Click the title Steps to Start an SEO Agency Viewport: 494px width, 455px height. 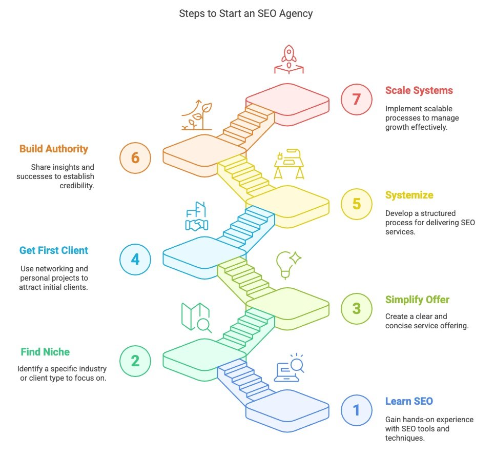tap(245, 14)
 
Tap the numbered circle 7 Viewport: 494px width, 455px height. tap(357, 98)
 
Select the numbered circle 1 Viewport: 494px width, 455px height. tap(357, 410)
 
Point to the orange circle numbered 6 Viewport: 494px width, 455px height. tap(135, 157)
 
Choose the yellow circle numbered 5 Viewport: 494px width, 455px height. tap(357, 204)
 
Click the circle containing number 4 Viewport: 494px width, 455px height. tap(135, 259)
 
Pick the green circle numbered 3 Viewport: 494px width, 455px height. tap(357, 308)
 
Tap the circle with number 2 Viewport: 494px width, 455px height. tap(135, 361)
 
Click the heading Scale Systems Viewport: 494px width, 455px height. tap(419, 91)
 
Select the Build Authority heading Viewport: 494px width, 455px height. tap(54, 149)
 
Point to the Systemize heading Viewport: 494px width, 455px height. tap(409, 195)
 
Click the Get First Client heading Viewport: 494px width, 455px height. tap(54, 251)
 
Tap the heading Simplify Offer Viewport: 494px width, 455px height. tap(417, 300)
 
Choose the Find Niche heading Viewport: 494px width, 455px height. tap(45, 352)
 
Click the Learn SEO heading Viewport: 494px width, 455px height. tap(409, 401)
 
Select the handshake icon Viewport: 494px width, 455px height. tap(196, 218)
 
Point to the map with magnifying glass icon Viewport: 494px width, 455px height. tap(196, 318)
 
